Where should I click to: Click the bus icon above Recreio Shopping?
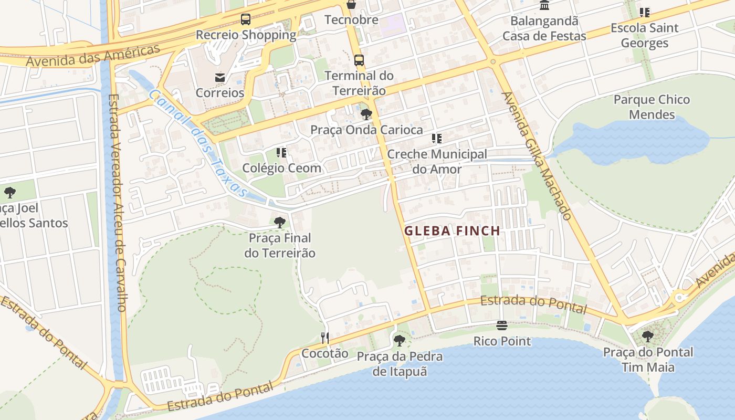point(245,20)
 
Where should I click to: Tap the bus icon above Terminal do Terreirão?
point(359,60)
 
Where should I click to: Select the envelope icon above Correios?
point(220,78)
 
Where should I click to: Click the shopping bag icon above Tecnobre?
point(351,5)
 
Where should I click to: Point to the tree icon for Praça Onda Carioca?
point(366,114)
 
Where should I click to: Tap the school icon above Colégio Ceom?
point(281,153)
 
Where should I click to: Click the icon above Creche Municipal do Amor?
point(437,139)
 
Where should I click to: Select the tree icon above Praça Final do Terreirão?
point(280,223)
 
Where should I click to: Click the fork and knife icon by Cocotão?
point(325,338)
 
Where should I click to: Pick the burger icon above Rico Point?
point(502,326)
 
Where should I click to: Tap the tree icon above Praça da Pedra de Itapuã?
point(400,341)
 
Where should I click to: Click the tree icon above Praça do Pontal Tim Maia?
point(648,337)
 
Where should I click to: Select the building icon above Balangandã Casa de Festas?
point(544,6)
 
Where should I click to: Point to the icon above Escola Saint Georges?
point(645,13)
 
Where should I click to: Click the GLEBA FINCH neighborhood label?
point(452,230)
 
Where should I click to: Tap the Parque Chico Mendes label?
point(652,107)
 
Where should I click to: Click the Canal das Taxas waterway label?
point(197,143)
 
